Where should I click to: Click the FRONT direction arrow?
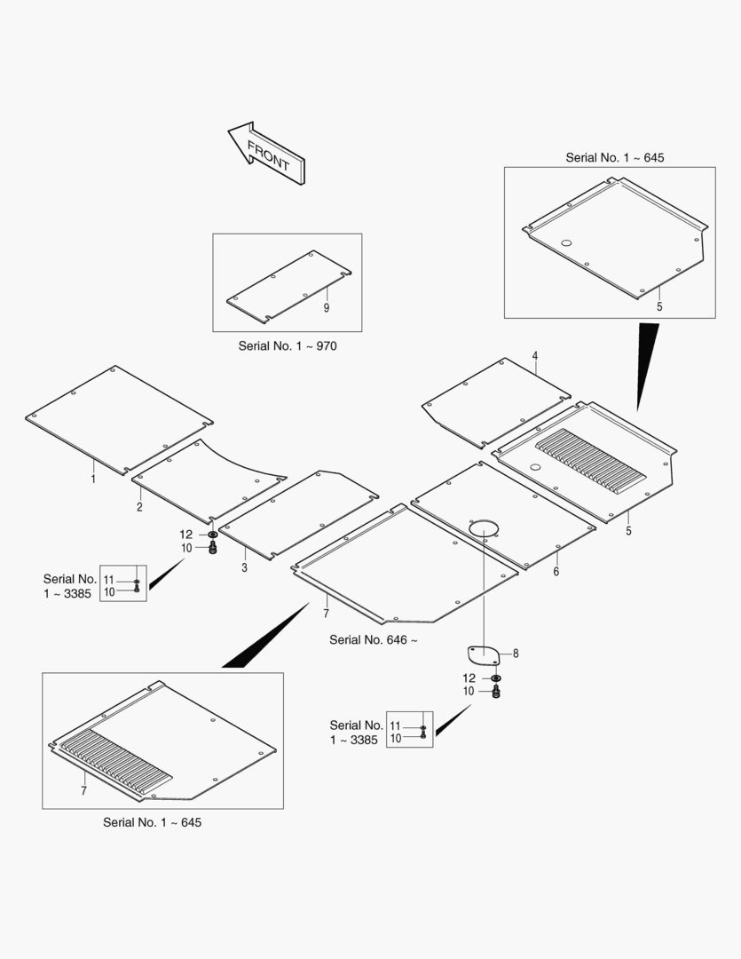266,153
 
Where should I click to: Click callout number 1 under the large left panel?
93,479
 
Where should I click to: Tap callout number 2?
139,507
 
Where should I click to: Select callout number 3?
245,567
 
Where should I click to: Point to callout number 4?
535,356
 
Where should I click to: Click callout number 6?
556,571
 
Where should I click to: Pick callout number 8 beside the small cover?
516,654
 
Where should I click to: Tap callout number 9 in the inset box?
327,307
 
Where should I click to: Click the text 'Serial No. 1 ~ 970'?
288,346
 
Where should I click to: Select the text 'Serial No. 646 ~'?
374,639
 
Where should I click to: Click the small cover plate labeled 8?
483,654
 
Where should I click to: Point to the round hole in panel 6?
485,527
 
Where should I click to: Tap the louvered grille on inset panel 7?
114,762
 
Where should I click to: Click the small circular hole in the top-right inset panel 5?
566,242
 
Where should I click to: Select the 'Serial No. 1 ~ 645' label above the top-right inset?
614,158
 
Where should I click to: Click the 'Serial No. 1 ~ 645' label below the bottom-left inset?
153,822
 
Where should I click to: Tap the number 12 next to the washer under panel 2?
185,535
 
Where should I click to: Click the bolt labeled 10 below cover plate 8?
496,691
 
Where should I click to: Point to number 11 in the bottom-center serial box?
395,726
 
